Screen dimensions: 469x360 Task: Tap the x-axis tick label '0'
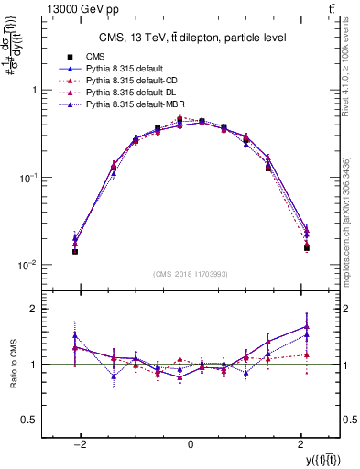[190, 444]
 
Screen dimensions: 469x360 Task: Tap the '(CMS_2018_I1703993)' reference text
[190, 274]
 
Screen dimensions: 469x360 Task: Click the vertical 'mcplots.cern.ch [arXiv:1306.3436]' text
[352, 210]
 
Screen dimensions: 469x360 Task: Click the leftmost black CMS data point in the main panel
[75, 251]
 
